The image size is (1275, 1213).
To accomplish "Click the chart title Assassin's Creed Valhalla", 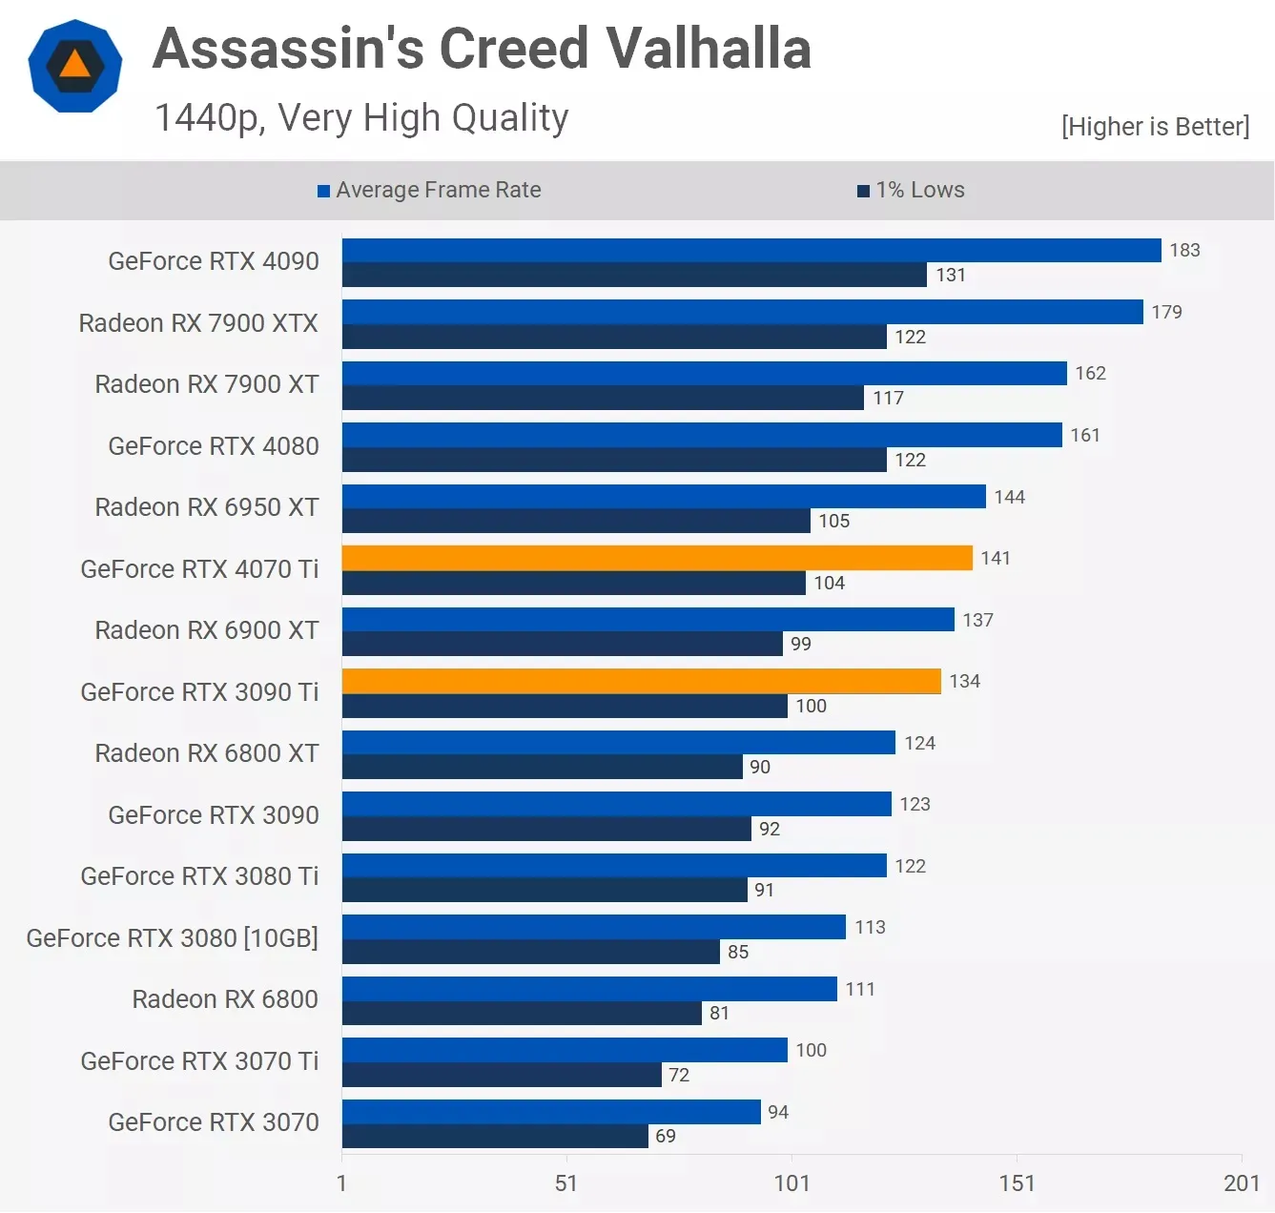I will (x=482, y=49).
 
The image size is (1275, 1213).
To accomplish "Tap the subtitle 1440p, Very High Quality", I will (x=361, y=118).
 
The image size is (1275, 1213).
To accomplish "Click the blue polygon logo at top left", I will (x=75, y=66).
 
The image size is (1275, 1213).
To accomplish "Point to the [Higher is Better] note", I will (x=1155, y=127).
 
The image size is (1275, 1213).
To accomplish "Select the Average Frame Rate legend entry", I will (x=429, y=190).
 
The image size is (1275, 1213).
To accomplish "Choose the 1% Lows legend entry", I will (x=912, y=190).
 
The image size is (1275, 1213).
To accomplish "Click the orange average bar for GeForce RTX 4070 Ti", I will (x=657, y=558).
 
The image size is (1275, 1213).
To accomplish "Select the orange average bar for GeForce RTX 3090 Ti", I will (x=641, y=681).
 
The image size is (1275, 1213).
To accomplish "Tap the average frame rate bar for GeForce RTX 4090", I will (x=751, y=250).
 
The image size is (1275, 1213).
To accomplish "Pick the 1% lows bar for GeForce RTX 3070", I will (x=495, y=1136).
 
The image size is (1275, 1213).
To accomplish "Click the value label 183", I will (x=1184, y=250).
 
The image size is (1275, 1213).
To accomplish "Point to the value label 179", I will (x=1166, y=312).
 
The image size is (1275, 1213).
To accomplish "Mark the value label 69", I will (x=666, y=1136).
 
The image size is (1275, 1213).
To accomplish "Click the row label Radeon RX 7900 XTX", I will (x=198, y=323).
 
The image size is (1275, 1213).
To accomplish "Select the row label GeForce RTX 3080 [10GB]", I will (x=173, y=938).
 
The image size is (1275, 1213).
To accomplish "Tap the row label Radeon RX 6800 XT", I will (x=207, y=753).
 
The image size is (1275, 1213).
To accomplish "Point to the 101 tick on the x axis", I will (x=792, y=1183).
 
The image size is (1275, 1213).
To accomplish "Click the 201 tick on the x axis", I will (x=1241, y=1183).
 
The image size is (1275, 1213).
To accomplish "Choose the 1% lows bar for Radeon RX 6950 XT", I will (x=576, y=521).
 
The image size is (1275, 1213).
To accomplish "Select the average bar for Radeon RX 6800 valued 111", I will (x=589, y=989).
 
